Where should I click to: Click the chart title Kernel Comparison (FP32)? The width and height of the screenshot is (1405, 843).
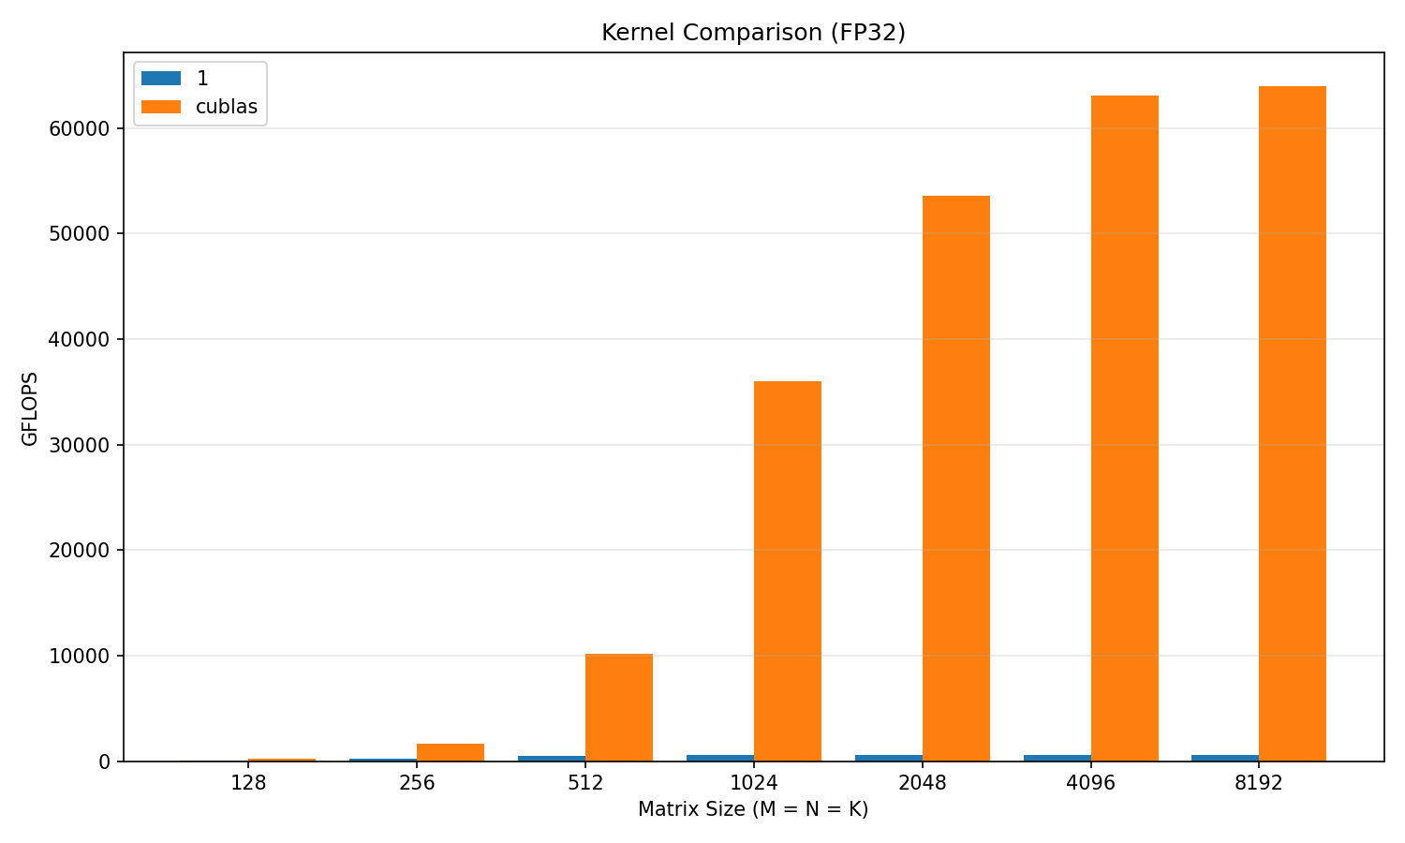coord(753,33)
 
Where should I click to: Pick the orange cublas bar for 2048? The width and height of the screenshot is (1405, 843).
coord(955,478)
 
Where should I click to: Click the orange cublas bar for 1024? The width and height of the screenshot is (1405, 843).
coord(788,570)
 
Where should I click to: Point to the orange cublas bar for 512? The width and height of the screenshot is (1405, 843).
coord(619,707)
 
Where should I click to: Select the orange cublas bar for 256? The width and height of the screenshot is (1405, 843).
coord(451,752)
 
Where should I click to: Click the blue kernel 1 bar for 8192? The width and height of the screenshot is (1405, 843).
coord(1225,758)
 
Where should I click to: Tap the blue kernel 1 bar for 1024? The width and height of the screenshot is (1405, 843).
coord(720,758)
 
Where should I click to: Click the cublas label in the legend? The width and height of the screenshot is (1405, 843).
coord(226,107)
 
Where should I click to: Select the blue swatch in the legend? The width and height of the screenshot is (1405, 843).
coord(161,79)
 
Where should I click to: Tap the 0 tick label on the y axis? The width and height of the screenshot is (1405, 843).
coord(104,762)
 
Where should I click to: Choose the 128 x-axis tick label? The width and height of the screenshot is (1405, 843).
coord(248,783)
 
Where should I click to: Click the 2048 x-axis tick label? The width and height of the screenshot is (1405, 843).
coord(923,783)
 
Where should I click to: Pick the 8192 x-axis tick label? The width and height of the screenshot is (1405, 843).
coord(1259,783)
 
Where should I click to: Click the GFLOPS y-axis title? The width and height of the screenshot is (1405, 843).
coord(30,408)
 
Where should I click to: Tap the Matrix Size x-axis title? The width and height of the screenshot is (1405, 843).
coord(753,809)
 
